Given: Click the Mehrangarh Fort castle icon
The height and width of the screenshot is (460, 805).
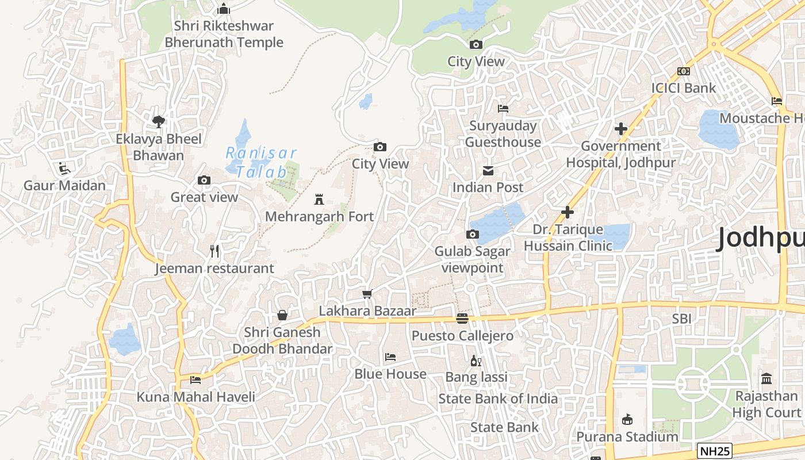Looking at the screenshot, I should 319,200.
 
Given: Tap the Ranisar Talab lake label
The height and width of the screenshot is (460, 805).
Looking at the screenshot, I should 262,163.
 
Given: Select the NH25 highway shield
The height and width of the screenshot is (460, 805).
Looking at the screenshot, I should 714,451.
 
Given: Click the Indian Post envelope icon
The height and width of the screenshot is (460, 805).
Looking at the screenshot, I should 488,171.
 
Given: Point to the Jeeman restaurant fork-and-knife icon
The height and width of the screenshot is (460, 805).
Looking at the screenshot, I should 215,251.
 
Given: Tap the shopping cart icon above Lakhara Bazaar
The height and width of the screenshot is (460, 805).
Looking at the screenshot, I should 367,294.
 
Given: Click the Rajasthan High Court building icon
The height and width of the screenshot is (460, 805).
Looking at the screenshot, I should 766,379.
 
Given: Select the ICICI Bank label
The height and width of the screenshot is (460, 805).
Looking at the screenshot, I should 683,88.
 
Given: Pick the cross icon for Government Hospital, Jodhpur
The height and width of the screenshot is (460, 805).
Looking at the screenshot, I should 621,129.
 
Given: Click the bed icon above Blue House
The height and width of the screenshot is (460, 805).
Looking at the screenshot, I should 390,357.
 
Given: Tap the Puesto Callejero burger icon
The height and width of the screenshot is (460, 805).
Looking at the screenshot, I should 462,319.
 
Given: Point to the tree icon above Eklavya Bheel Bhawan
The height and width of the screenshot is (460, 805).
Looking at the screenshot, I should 159,121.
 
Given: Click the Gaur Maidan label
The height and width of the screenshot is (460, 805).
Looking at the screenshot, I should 64,186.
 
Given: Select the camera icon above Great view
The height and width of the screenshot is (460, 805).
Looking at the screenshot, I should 204,181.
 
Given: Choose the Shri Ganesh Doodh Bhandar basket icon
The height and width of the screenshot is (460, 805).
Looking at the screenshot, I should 282,315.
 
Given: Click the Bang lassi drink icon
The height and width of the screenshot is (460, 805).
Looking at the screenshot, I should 476,361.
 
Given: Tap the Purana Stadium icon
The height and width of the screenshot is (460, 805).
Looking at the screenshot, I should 627,420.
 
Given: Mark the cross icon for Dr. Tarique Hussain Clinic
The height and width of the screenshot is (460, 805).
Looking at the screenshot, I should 568,213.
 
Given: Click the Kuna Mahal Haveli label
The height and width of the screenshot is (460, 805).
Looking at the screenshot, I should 195,397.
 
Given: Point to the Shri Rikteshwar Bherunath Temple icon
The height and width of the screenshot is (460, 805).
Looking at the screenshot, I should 224,9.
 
